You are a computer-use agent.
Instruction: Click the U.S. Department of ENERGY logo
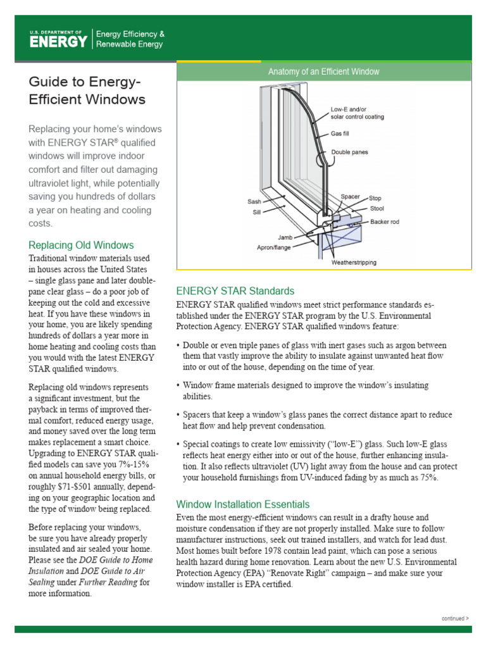tap(58, 39)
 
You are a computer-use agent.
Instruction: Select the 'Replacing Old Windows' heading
tap(82, 245)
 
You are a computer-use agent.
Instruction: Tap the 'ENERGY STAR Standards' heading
tap(235, 291)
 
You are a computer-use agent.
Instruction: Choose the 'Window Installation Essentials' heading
tap(243, 504)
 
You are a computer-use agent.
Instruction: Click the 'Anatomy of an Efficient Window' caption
tap(323, 72)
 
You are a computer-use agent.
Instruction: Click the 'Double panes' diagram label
tap(349, 153)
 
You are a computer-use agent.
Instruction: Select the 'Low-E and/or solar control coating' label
tap(357, 113)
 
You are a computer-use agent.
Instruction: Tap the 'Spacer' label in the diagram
tap(350, 197)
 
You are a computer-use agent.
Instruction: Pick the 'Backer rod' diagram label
tap(385, 222)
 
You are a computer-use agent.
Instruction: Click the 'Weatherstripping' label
tap(354, 262)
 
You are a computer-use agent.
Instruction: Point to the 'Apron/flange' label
tap(273, 247)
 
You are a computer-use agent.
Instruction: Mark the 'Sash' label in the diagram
tap(254, 202)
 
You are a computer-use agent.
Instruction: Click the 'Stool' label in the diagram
tap(377, 208)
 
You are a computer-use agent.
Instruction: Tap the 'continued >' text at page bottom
tap(455, 618)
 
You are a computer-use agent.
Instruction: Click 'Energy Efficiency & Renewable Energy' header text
tap(130, 39)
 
